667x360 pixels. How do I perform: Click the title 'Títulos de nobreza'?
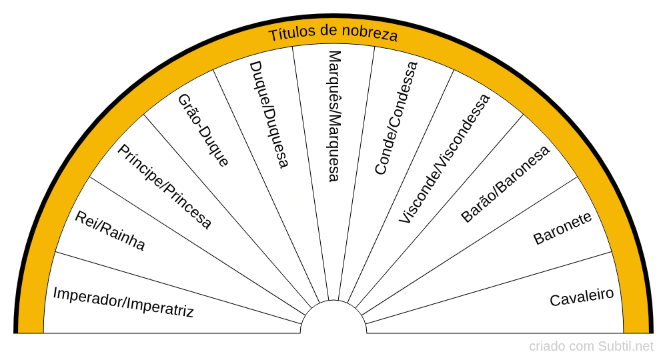333,33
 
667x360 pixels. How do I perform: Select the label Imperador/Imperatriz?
123,302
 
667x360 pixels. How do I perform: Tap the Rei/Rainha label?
110,231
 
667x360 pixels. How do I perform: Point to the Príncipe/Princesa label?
164,187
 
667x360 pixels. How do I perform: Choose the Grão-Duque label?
203,130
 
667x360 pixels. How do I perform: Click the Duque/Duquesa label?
269,115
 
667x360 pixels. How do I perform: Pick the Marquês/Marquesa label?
335,117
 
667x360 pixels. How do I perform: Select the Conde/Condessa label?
396,118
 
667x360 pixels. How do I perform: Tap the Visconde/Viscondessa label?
444,159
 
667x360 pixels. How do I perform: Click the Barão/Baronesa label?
505,185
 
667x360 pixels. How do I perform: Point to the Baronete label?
562,228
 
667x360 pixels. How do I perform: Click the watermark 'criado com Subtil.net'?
591,347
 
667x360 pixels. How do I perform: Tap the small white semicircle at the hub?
333,317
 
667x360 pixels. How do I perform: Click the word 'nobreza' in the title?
370,35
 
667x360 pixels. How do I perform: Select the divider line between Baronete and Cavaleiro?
488,288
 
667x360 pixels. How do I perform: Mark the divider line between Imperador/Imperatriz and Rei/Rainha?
179,288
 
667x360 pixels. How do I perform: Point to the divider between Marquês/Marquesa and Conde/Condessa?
356,173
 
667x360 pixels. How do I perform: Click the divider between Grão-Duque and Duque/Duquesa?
266,186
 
